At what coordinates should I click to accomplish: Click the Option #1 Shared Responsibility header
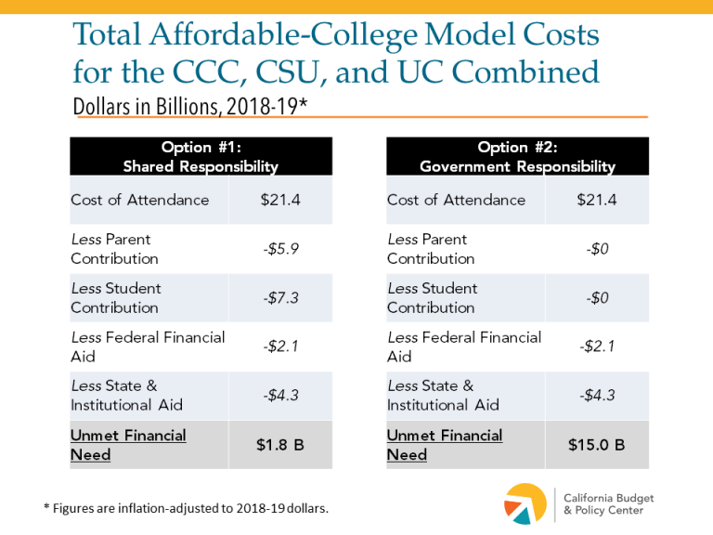pyautogui.click(x=201, y=156)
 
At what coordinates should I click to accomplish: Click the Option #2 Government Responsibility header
pyautogui.click(x=517, y=156)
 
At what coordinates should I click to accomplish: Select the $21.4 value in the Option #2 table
pyautogui.click(x=596, y=200)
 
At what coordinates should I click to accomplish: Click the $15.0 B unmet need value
pyautogui.click(x=596, y=445)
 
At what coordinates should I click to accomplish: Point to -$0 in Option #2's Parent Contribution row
pyautogui.click(x=596, y=249)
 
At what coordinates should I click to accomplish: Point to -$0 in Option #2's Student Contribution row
pyautogui.click(x=596, y=297)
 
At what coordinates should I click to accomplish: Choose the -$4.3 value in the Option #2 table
pyautogui.click(x=596, y=396)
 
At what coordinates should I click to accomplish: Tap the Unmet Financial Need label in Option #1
pyautogui.click(x=128, y=445)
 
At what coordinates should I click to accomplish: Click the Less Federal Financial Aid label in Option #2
pyautogui.click(x=463, y=346)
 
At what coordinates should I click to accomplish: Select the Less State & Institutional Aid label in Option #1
pyautogui.click(x=126, y=396)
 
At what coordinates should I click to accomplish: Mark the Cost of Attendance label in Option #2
pyautogui.click(x=456, y=200)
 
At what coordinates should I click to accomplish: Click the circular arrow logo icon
pyautogui.click(x=525, y=503)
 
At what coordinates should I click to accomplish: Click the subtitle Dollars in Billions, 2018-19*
pyautogui.click(x=189, y=105)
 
